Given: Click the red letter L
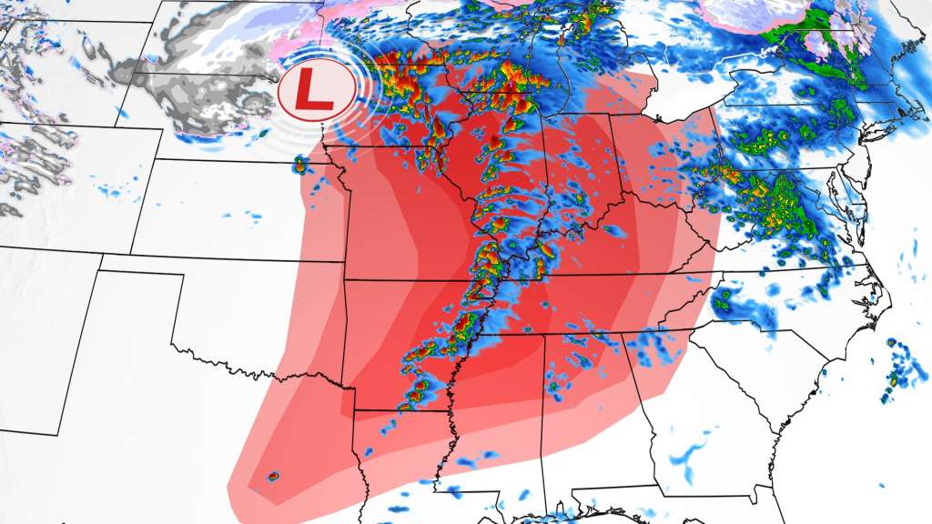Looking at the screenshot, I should tap(316, 90).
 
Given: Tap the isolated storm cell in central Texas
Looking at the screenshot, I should tap(273, 476).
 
